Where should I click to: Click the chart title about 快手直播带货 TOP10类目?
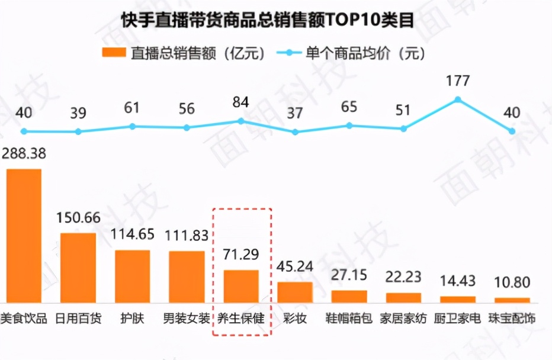(x=275, y=20)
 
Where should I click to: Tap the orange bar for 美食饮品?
(x=24, y=236)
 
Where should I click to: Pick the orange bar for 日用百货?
(x=78, y=268)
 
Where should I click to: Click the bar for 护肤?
(x=132, y=276)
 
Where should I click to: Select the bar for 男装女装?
(x=187, y=277)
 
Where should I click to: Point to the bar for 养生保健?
(x=241, y=286)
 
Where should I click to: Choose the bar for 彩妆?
(x=295, y=292)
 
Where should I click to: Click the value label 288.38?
(x=24, y=154)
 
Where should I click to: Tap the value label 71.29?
(x=241, y=256)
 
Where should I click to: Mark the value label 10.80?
(x=512, y=283)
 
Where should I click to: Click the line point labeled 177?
(x=458, y=99)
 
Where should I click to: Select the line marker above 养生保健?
(x=241, y=121)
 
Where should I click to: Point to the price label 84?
(x=240, y=102)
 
